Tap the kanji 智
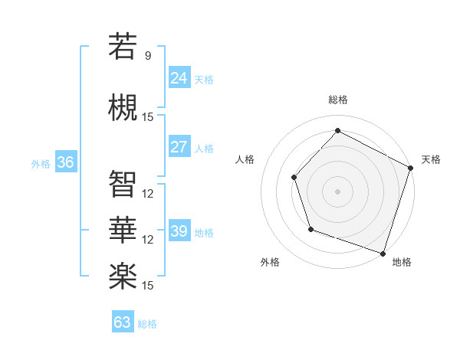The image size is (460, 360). [123, 185]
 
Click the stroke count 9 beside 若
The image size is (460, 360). [148, 56]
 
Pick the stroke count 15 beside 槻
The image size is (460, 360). [148, 117]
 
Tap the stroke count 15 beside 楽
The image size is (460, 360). [148, 286]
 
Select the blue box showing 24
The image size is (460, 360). [179, 77]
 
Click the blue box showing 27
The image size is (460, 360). [179, 147]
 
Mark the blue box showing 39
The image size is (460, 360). [179, 231]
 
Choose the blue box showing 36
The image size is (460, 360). [65, 162]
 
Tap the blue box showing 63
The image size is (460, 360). [123, 322]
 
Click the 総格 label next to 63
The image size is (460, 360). [147, 324]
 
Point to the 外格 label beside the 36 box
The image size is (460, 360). [41, 164]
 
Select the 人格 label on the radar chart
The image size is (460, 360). [245, 159]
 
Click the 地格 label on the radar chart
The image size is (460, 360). [402, 263]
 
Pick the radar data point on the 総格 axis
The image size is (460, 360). [337, 131]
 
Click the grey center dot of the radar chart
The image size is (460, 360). [337, 191]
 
